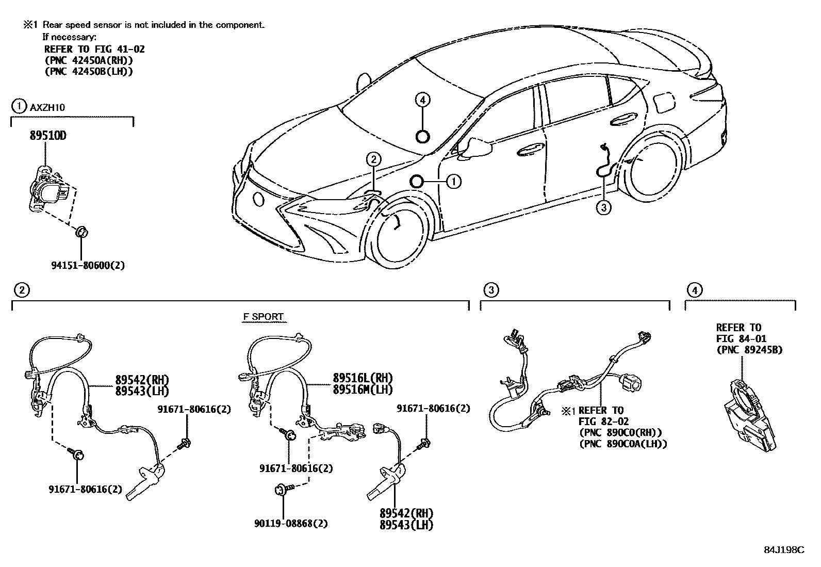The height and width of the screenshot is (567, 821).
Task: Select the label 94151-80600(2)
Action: [88, 265]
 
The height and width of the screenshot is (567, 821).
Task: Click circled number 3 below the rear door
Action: [603, 207]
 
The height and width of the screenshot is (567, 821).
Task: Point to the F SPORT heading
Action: [263, 317]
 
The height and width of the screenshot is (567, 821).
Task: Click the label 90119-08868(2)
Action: [291, 523]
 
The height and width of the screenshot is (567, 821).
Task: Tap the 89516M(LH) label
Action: [363, 390]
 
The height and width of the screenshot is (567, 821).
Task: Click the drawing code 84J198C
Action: [784, 549]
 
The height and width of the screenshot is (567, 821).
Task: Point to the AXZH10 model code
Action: [47, 107]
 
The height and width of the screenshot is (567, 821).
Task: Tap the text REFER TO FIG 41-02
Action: [94, 50]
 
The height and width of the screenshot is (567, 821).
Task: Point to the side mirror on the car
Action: [477, 147]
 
